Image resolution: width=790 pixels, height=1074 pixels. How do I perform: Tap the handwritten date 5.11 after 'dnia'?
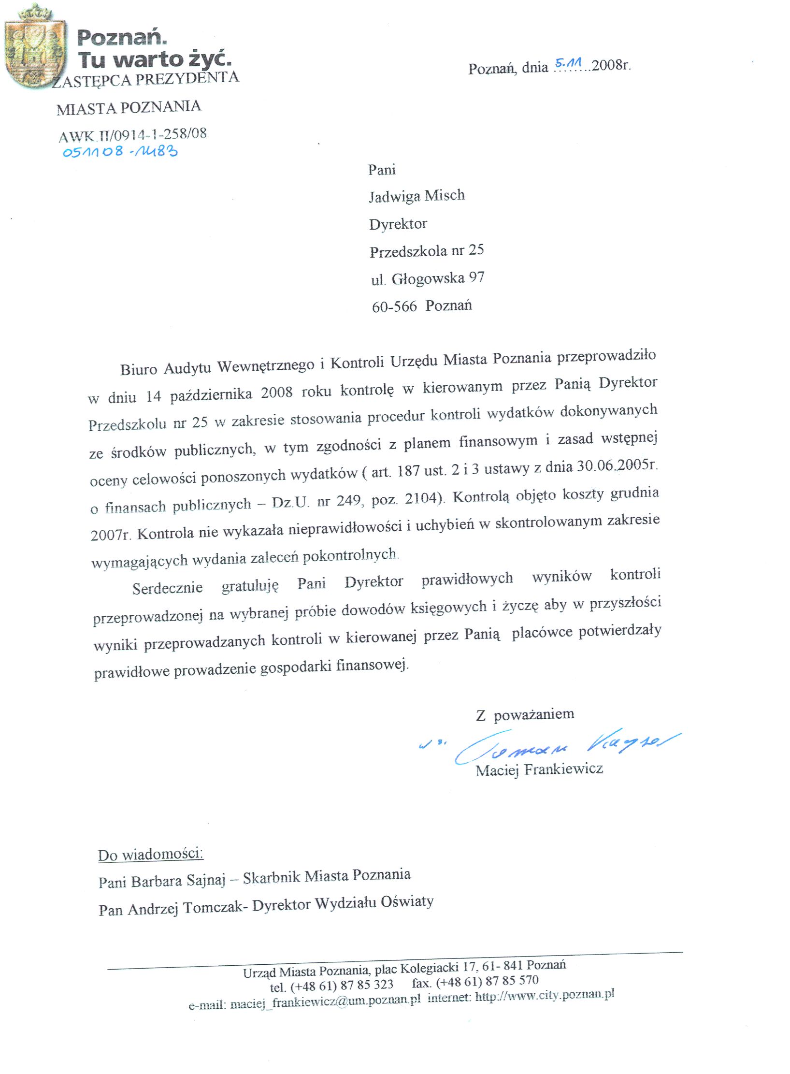568,63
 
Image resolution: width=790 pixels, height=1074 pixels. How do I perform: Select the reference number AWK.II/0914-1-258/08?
133,135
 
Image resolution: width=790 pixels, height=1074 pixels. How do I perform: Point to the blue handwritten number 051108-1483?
120,152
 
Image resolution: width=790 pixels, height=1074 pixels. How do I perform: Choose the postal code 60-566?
394,306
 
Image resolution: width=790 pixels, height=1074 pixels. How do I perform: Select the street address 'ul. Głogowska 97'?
428,278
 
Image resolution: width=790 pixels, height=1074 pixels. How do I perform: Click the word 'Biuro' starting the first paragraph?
139,369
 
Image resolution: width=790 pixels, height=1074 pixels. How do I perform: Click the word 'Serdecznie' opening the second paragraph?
167,588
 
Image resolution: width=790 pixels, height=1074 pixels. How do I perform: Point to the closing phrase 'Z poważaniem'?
525,714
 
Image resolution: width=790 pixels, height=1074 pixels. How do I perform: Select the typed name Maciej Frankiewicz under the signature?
539,769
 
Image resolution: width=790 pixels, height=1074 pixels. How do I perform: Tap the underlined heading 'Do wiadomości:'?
150,855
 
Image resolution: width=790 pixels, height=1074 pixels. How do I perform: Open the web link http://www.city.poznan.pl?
545,995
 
